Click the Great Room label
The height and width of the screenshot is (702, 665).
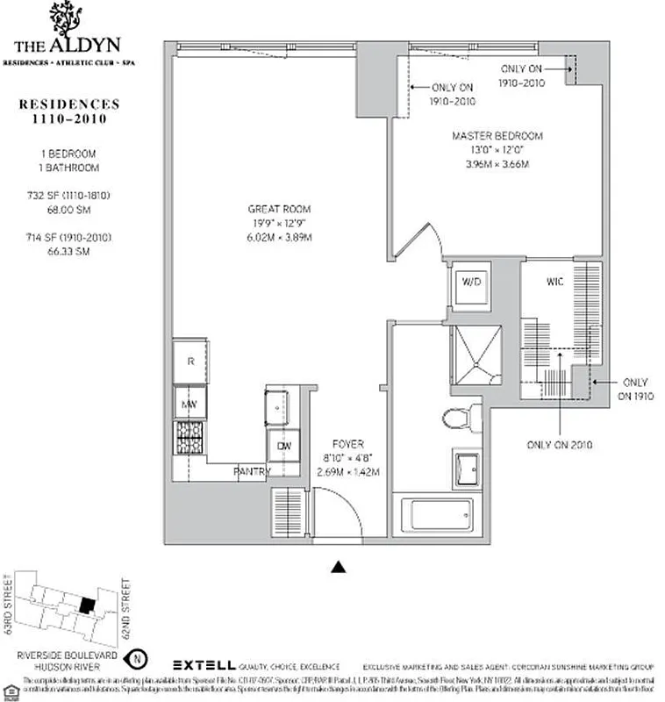(x=279, y=210)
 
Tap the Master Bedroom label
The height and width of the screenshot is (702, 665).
(x=497, y=136)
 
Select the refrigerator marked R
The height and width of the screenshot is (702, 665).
(x=189, y=362)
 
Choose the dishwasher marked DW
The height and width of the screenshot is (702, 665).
(x=283, y=445)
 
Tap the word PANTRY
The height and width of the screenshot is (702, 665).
(x=252, y=472)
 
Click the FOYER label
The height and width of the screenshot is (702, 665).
(x=348, y=444)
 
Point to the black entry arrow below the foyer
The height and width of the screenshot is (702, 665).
(x=338, y=567)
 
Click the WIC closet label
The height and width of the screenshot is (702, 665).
(x=554, y=283)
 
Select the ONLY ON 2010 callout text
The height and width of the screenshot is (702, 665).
(x=559, y=445)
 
